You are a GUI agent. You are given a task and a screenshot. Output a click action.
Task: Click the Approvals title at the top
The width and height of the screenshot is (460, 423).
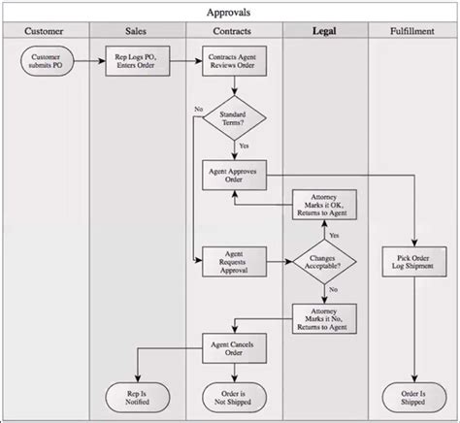pos(229,13)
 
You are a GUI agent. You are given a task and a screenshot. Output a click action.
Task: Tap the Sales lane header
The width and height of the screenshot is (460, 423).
pos(137,32)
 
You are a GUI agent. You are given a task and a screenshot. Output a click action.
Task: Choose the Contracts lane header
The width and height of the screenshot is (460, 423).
pos(234,32)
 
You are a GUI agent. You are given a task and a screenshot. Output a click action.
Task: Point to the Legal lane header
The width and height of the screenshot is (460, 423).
pos(325,32)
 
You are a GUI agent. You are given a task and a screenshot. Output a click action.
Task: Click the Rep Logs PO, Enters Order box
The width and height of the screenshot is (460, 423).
pos(137,64)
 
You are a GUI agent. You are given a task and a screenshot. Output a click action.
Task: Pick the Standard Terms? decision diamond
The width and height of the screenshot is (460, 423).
pos(234,118)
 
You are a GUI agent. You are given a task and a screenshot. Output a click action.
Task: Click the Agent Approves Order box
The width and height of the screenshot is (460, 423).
pos(234,175)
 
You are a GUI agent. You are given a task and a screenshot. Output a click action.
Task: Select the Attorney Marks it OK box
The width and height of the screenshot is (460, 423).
pos(325,205)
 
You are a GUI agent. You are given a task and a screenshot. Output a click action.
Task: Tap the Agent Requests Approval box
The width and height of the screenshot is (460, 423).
pos(234,260)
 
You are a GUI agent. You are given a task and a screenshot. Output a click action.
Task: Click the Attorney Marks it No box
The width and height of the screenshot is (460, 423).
pos(325,317)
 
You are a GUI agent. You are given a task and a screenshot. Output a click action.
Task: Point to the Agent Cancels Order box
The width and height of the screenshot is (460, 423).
pos(234,346)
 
